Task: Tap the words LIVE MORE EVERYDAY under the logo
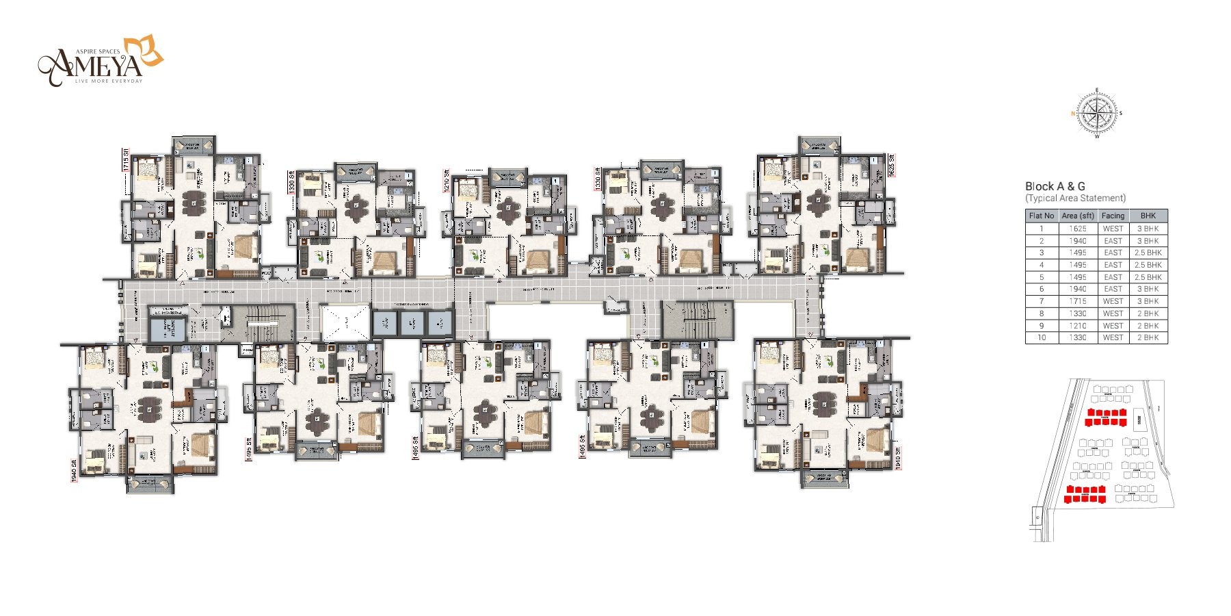(108, 81)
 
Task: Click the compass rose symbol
(1097, 114)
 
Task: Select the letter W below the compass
(1097, 136)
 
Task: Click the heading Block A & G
(1055, 186)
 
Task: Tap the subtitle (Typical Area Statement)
(1075, 198)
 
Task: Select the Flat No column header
(1042, 216)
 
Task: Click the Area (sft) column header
(1078, 216)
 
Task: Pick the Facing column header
(1113, 216)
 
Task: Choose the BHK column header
(1148, 216)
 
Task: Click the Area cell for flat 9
(1078, 326)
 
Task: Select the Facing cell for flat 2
(1113, 241)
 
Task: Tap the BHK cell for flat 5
(1148, 277)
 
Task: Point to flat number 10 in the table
(1042, 337)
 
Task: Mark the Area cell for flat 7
(1078, 301)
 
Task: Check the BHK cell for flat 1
(1148, 229)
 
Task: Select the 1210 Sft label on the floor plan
(447, 181)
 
